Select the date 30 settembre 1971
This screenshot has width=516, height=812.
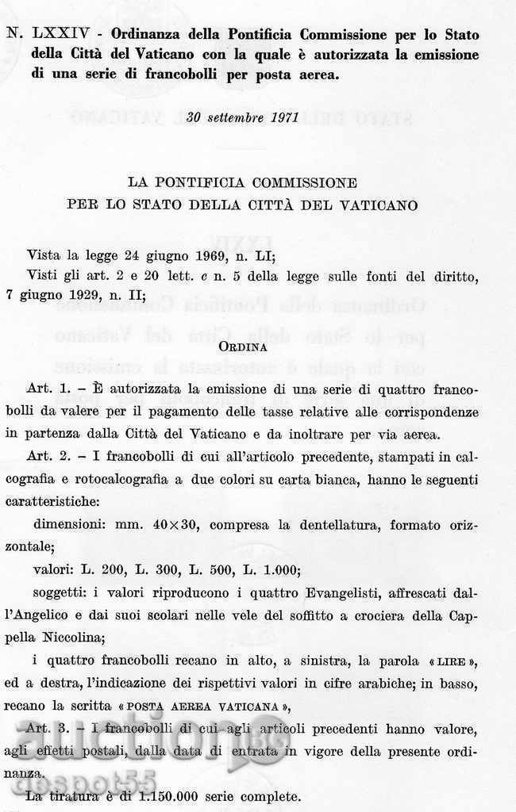(x=241, y=118)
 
